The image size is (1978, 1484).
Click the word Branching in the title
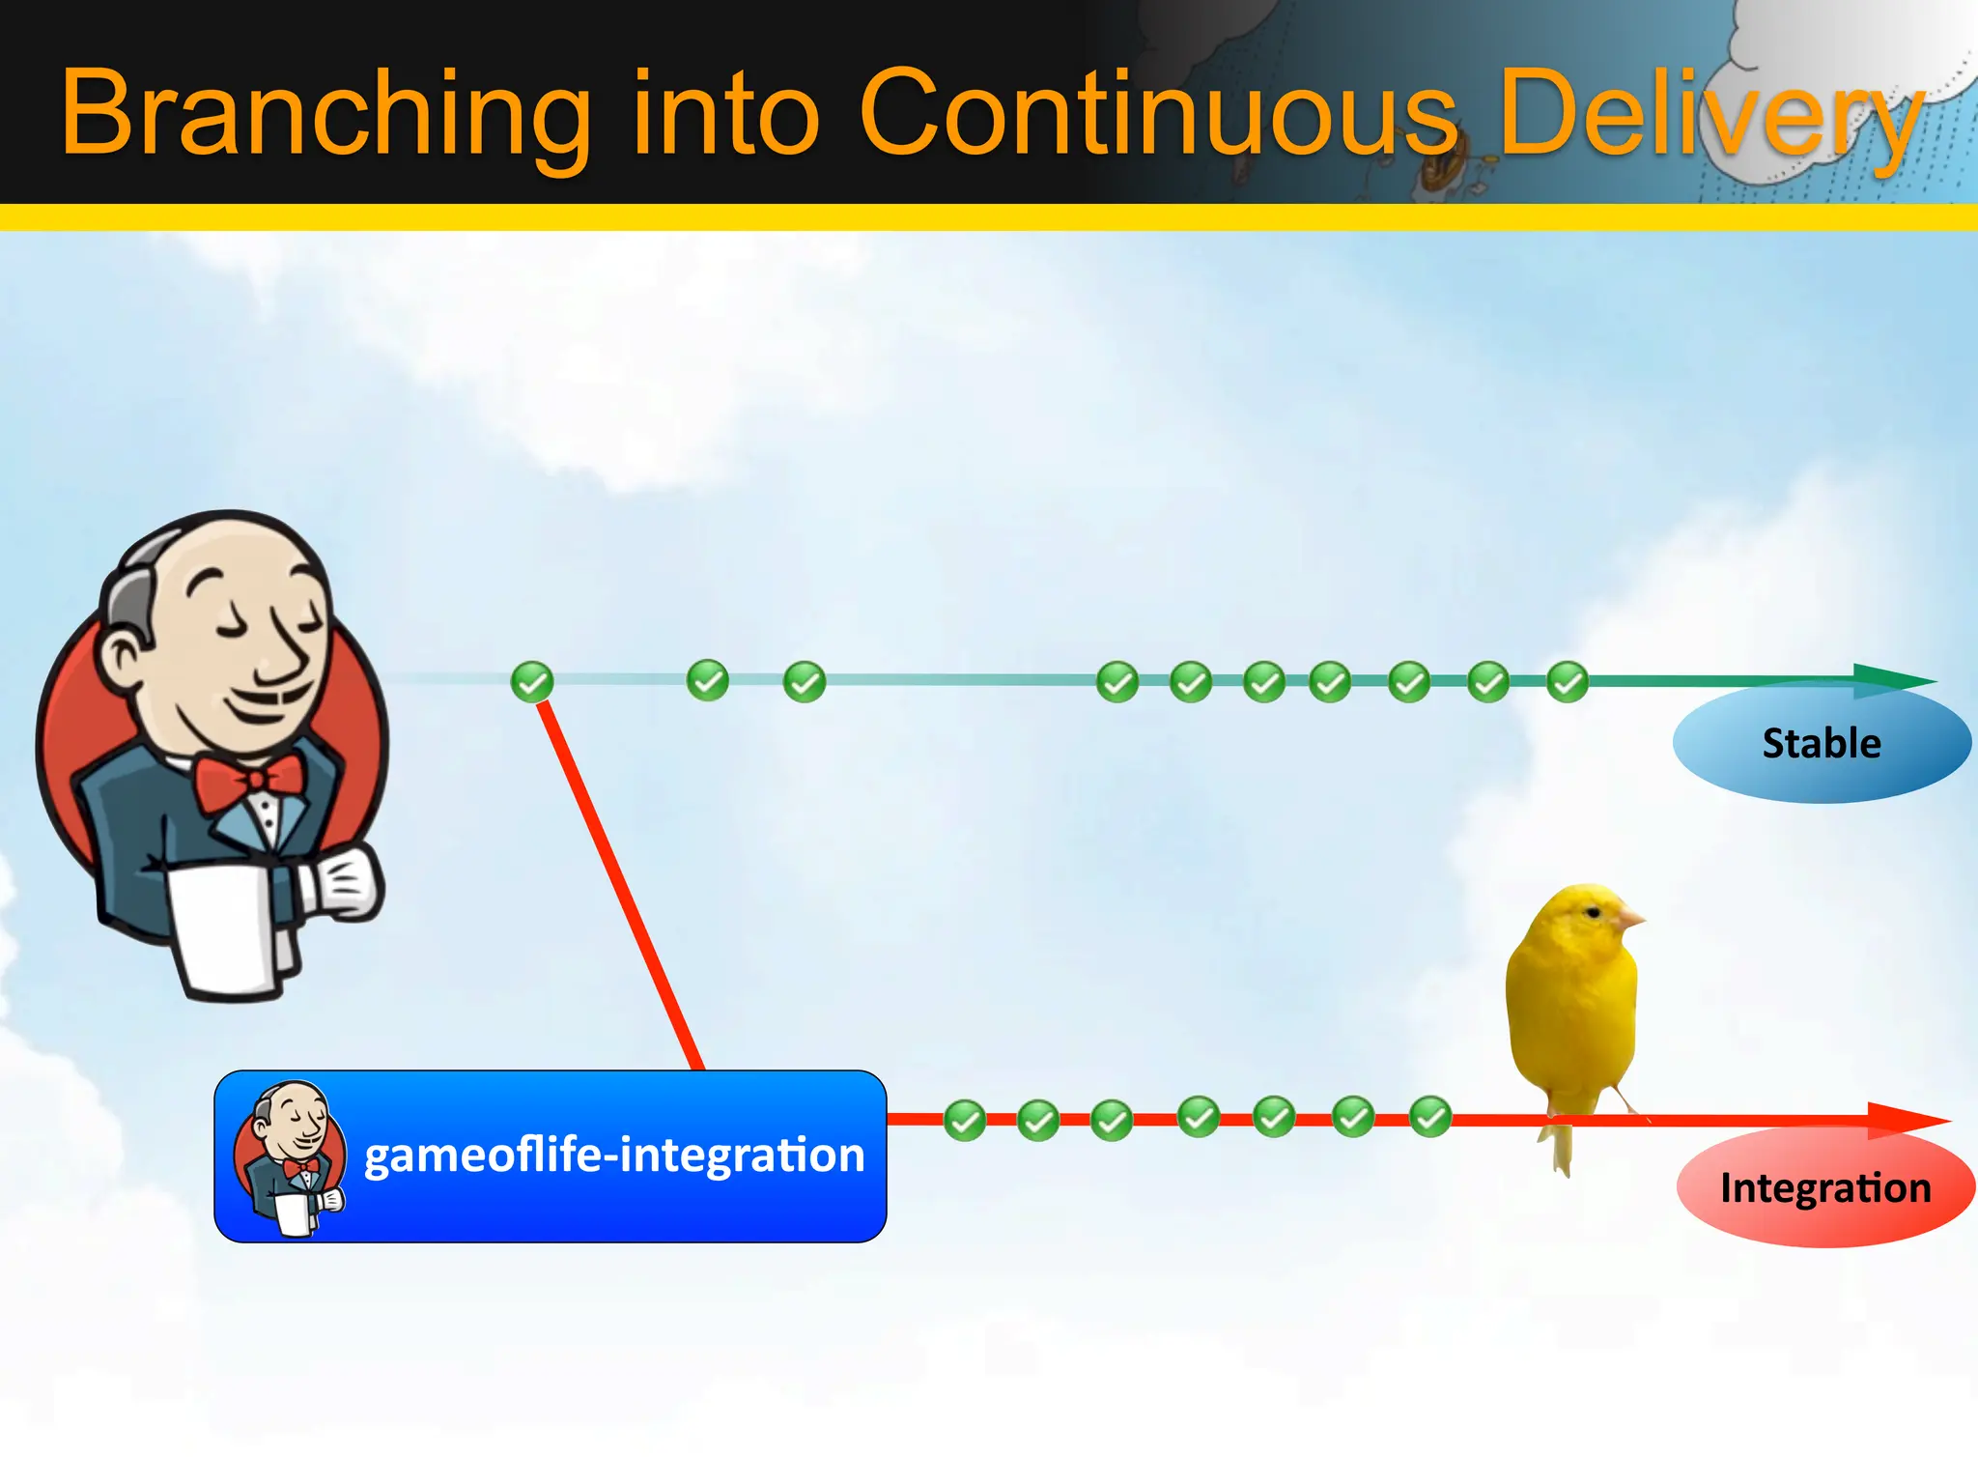pos(325,114)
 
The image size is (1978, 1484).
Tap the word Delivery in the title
pos(1710,114)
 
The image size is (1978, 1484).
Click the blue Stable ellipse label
pos(1822,743)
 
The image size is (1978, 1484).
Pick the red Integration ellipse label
pos(1825,1187)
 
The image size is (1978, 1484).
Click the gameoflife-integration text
pos(614,1155)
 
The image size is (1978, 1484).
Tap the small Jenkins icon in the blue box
pos(290,1156)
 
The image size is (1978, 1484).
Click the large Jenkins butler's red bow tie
pos(249,779)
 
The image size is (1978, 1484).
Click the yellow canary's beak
pos(1632,918)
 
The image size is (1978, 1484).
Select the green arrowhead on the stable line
pos(1893,680)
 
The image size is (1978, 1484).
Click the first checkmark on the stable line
pos(532,681)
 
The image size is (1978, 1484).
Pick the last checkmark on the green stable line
pos(1567,682)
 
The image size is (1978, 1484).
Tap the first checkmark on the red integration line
pos(964,1121)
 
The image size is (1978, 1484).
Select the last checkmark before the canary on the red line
pos(1429,1117)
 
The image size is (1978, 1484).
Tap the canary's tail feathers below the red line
pos(1561,1150)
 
